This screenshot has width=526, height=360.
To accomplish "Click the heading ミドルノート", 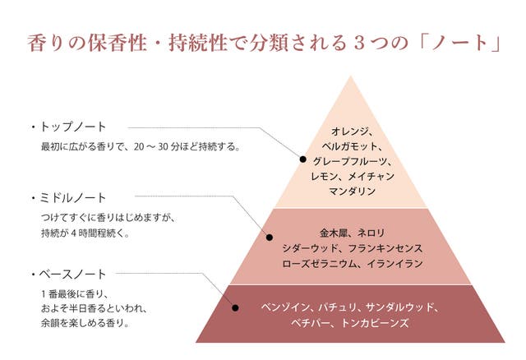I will point(79,198).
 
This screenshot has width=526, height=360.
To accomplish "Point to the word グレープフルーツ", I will point(351,161).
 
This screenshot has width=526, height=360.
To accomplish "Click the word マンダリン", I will point(351,191).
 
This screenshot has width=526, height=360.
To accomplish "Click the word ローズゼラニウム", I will point(316,263).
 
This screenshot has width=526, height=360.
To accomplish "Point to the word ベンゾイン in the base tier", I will point(282,307).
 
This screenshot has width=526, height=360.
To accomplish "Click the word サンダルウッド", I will point(401,307).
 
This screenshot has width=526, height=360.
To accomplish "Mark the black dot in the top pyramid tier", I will point(302,159).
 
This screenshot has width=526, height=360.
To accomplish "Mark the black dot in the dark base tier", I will point(235,307).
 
